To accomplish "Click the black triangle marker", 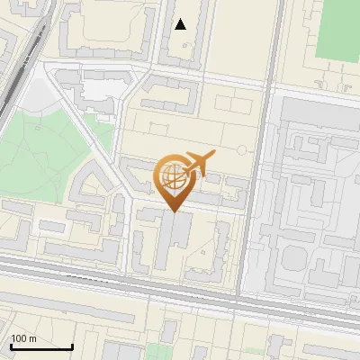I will (181, 24).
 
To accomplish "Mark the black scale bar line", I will (41, 347).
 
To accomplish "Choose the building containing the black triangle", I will (185, 31).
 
